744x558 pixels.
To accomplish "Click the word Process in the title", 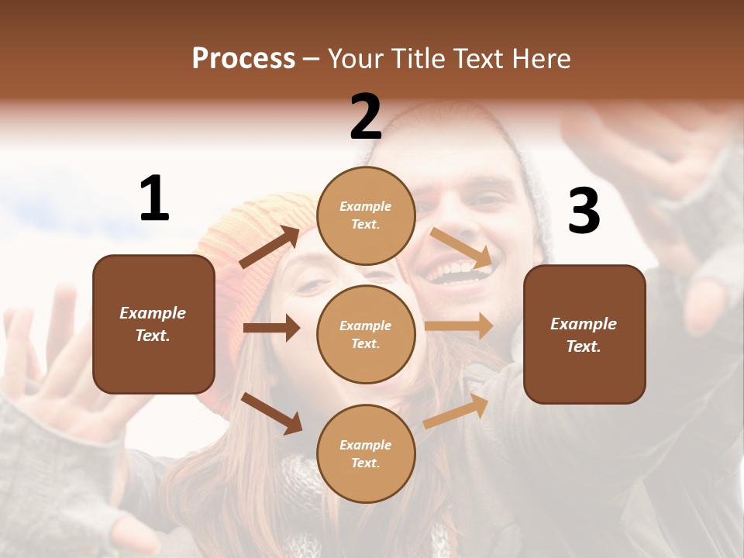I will click(x=243, y=59).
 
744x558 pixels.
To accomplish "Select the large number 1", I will click(x=154, y=199).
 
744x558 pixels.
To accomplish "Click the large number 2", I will click(x=366, y=117).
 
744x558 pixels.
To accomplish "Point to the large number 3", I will click(x=584, y=211).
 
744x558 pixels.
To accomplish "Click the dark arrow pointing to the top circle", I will click(x=270, y=247).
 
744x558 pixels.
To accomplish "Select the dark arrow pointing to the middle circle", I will click(x=271, y=328).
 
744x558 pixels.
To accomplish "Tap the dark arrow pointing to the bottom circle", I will click(x=271, y=413).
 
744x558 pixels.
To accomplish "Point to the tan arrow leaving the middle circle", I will click(x=459, y=325).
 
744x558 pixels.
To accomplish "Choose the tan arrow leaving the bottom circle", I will click(x=456, y=412).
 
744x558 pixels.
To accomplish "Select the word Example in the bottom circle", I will click(x=365, y=445).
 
